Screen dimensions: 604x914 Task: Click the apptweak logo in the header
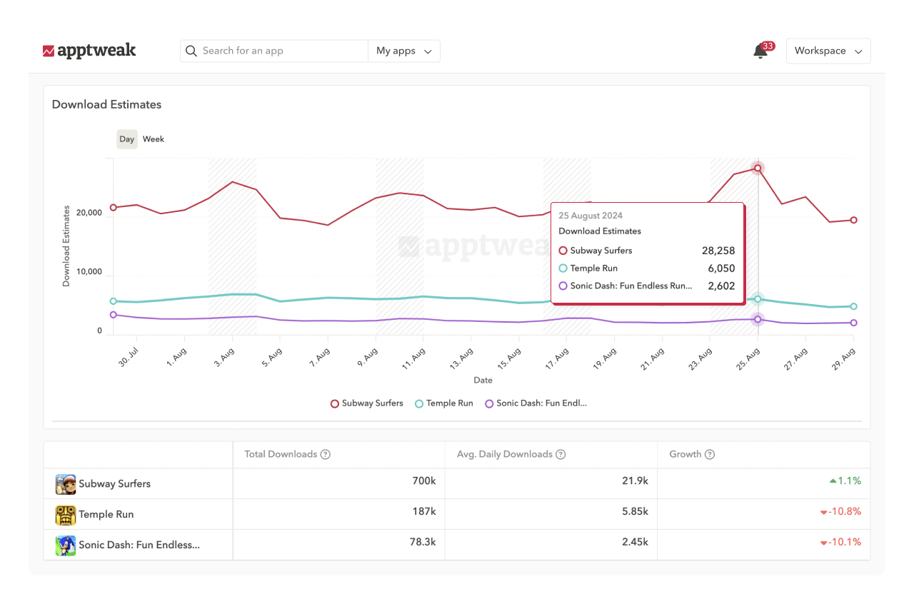click(89, 51)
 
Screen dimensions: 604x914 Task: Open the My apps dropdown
click(404, 51)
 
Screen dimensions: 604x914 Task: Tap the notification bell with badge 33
click(760, 51)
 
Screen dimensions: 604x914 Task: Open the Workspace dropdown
click(828, 51)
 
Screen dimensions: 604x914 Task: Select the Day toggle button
click(127, 139)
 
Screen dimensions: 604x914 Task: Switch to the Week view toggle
click(154, 139)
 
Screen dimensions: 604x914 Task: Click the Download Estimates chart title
click(106, 104)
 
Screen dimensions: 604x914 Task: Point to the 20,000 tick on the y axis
click(89, 213)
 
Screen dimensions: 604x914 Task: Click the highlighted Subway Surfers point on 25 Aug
click(758, 168)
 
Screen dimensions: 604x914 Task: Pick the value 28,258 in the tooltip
click(718, 251)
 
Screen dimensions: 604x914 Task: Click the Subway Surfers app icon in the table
click(66, 484)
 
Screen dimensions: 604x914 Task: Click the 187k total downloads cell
click(423, 511)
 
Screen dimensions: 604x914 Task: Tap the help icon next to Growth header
click(710, 454)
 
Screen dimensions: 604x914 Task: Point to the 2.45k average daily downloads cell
click(635, 542)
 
